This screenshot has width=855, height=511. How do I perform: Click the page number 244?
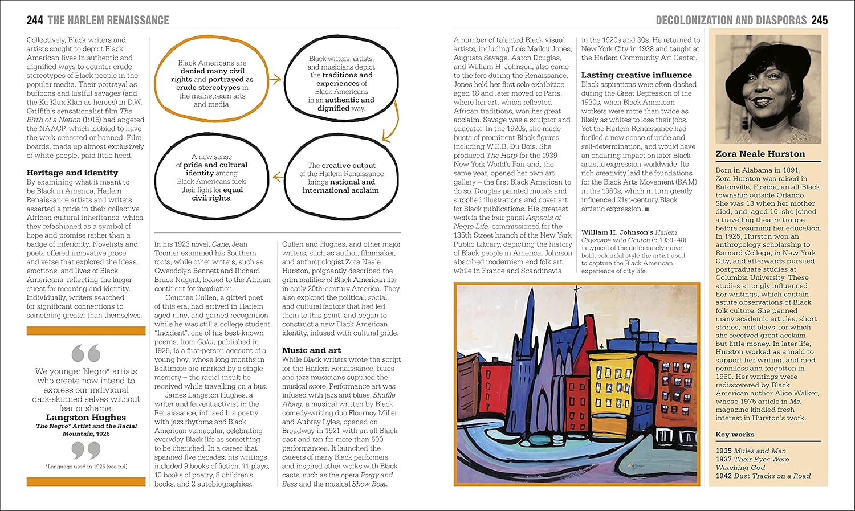35,21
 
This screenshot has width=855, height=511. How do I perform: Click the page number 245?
819,21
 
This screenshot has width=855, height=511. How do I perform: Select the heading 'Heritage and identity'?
72,173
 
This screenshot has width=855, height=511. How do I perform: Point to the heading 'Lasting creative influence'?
636,75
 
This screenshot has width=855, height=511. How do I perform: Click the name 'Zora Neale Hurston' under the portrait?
760,154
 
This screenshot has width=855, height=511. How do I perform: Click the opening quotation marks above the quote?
86,353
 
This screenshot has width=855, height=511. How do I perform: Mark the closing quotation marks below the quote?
86,451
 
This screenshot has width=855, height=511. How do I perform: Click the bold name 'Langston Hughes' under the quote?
86,418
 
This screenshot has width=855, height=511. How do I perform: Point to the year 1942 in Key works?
723,476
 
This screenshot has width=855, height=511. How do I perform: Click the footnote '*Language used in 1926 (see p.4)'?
86,467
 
